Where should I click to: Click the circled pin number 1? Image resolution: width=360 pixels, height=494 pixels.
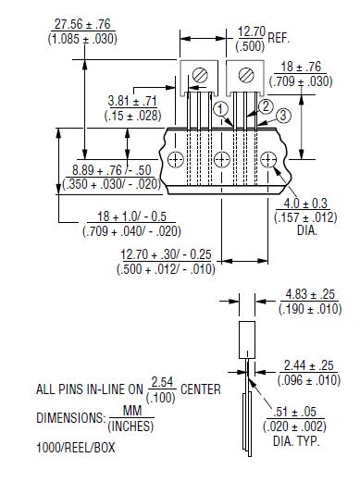220,108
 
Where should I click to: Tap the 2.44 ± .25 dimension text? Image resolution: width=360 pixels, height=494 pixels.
309,366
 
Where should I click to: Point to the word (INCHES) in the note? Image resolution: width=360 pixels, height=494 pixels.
130,426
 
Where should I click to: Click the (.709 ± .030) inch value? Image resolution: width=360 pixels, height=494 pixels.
304,80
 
